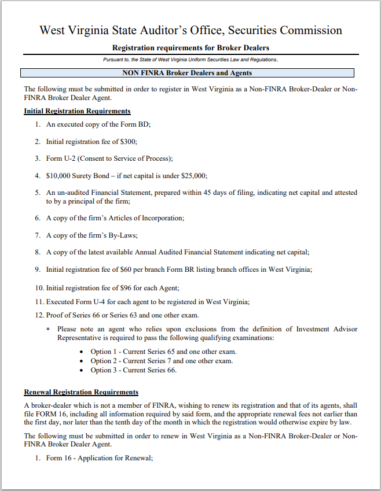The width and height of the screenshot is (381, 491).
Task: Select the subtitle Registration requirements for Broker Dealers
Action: [x=190, y=48]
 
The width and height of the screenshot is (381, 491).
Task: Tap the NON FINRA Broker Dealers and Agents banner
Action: [x=187, y=73]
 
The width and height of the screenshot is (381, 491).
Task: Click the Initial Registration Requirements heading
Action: [x=77, y=111]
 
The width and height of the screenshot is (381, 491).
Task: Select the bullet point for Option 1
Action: [x=82, y=352]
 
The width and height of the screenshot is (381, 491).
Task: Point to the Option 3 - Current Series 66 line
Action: [x=133, y=370]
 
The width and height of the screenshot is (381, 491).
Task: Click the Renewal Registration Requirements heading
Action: [x=81, y=392]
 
